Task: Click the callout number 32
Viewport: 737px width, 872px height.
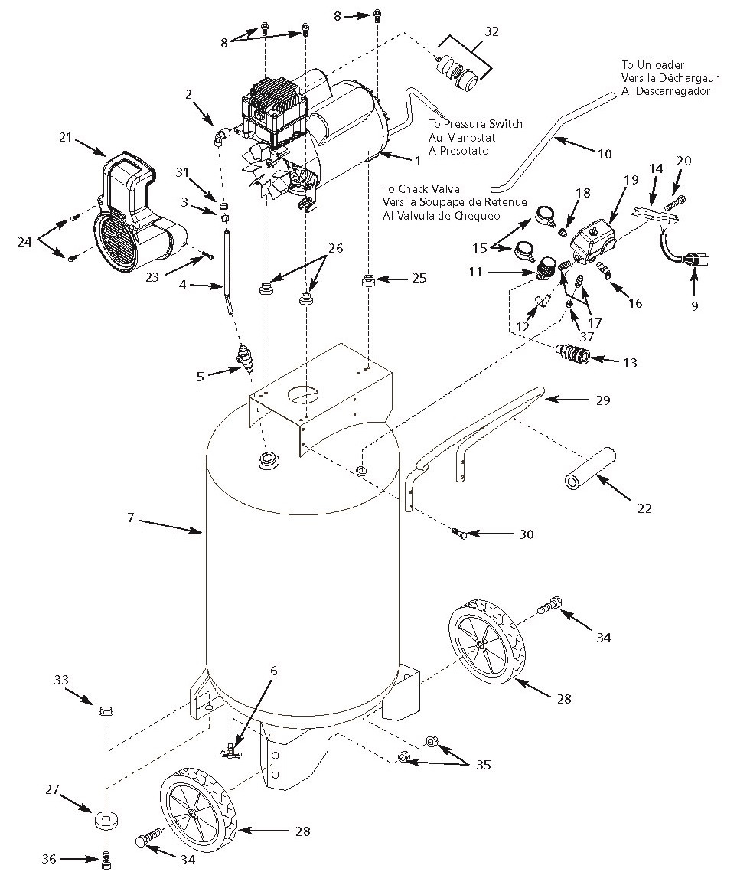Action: click(491, 33)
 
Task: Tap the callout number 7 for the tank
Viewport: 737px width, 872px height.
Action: click(131, 518)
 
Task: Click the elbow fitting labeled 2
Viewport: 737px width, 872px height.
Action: click(221, 137)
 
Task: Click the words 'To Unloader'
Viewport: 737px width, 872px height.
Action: click(653, 65)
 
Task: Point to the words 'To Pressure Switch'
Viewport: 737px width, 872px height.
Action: click(474, 123)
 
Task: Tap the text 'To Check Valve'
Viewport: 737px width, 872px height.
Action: click(423, 188)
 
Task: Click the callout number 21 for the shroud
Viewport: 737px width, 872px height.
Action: click(64, 137)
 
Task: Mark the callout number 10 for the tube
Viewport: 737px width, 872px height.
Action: click(605, 154)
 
